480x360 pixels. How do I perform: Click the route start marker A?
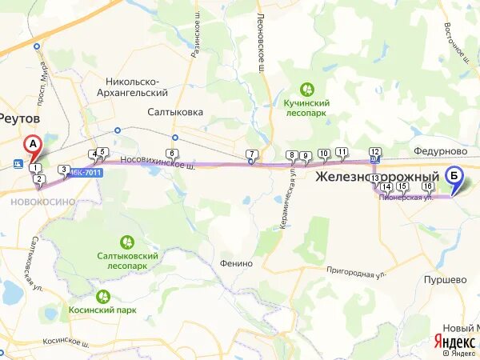click(33, 145)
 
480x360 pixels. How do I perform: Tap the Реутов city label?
click(19, 118)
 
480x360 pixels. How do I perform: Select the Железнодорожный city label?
click(378, 176)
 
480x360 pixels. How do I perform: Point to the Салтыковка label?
click(175, 112)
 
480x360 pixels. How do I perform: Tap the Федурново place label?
click(441, 150)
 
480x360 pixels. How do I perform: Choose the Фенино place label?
click(236, 263)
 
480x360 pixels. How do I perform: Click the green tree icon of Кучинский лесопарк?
click(306, 89)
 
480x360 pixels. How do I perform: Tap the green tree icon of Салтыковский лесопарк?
click(126, 242)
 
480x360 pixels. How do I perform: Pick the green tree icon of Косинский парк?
click(102, 296)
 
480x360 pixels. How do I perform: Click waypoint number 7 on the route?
click(251, 154)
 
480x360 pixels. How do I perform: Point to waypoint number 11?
click(342, 151)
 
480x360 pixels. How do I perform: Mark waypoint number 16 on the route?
click(428, 186)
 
